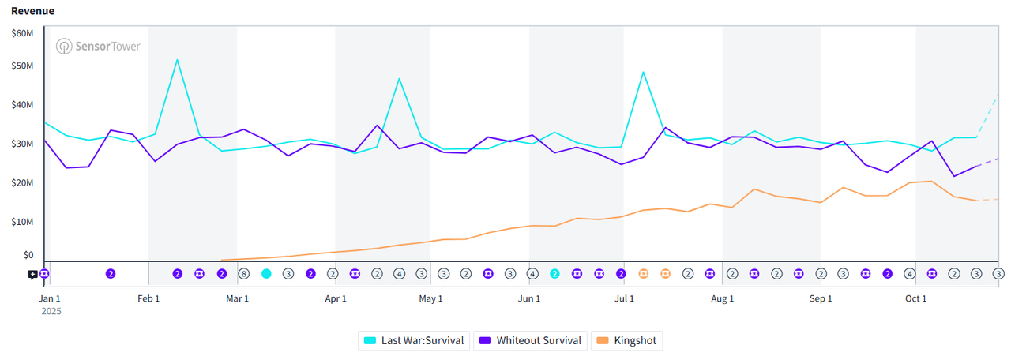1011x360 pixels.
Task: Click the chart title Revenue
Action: click(x=32, y=11)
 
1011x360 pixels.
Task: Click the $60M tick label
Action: click(x=22, y=33)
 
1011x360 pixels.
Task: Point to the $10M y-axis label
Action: click(x=22, y=222)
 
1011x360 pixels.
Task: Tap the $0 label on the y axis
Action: click(x=28, y=255)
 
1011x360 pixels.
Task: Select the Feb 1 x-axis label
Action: click(x=148, y=298)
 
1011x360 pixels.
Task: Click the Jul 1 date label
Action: click(x=624, y=298)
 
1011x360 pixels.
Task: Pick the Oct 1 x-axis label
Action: click(x=915, y=298)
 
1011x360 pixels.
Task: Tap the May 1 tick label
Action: click(x=430, y=298)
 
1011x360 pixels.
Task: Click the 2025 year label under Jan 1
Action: click(x=51, y=311)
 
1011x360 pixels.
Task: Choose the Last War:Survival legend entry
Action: click(x=414, y=341)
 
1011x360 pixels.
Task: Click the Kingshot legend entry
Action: click(x=627, y=341)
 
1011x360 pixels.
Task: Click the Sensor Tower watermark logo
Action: click(x=98, y=47)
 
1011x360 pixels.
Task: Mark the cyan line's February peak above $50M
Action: click(x=177, y=60)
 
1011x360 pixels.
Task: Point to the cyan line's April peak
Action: click(x=399, y=79)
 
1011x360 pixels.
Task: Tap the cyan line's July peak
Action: click(x=643, y=73)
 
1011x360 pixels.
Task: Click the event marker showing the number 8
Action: click(x=244, y=274)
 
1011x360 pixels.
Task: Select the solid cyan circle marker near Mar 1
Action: click(x=266, y=274)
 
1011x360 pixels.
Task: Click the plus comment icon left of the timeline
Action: click(x=32, y=275)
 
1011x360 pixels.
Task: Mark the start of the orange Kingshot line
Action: click(x=222, y=260)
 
